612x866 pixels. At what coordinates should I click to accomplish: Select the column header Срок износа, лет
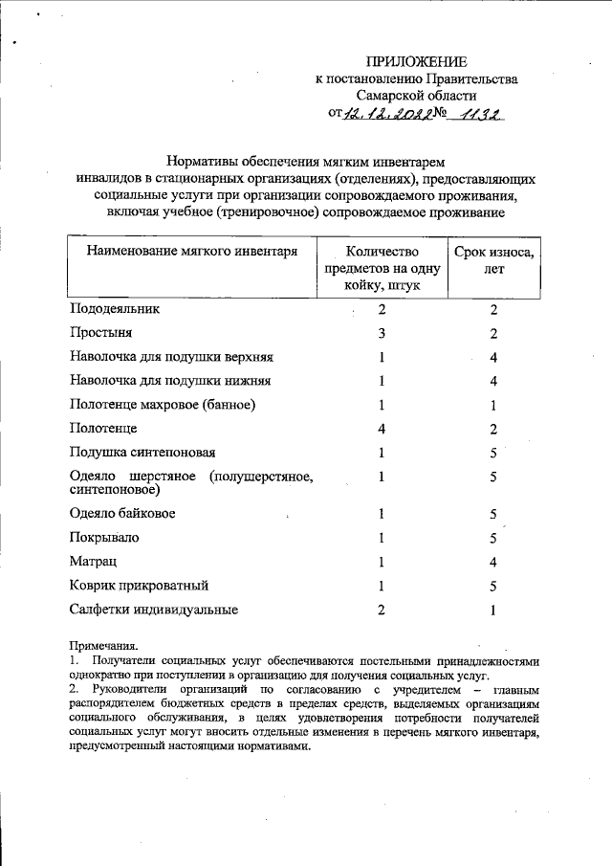pos(494,260)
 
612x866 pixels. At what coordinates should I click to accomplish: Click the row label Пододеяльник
pos(115,310)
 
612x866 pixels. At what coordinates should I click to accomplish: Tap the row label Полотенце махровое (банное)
pos(163,404)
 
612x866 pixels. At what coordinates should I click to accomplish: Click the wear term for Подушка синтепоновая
pos(493,452)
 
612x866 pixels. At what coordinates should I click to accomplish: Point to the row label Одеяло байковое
pos(122,514)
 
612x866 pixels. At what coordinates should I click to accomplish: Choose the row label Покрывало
pos(104,538)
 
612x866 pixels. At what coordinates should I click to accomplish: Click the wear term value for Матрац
pos(493,562)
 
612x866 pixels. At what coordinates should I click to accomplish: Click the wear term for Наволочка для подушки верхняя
pos(493,357)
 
